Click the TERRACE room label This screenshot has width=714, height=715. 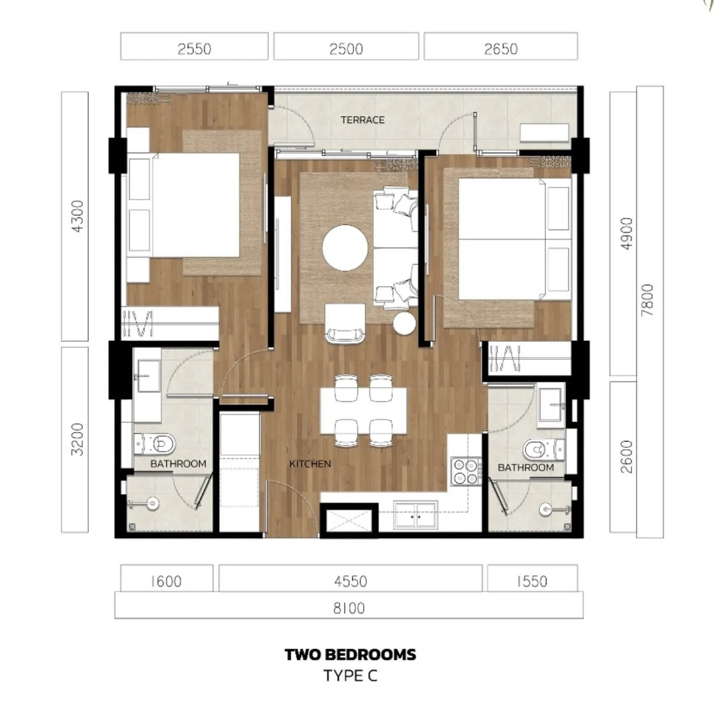click(362, 120)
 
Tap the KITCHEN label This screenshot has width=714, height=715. click(310, 464)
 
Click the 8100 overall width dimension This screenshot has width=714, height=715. click(349, 608)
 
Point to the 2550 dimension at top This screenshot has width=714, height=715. click(194, 48)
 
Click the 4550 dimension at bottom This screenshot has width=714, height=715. click(350, 580)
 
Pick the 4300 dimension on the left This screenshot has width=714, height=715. click(77, 216)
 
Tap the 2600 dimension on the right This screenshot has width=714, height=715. click(626, 456)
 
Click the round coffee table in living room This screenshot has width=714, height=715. click(345, 247)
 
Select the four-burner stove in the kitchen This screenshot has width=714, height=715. click(466, 471)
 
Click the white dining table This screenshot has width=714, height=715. click(364, 411)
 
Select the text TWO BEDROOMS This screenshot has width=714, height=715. click(350, 654)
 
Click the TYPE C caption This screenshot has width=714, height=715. click(350, 676)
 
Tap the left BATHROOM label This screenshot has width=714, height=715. click(178, 464)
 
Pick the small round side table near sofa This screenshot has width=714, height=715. click(405, 324)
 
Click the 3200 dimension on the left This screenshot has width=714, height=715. click(77, 439)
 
